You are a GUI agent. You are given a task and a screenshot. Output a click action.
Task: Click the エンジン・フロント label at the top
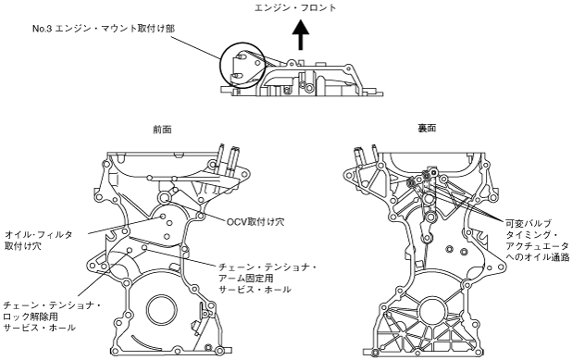[x=295, y=7]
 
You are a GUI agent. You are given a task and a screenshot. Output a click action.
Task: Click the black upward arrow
[x=301, y=35]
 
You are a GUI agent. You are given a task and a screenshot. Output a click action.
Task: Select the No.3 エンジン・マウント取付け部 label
[x=104, y=29]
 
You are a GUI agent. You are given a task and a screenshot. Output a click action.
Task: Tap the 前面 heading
[x=162, y=130]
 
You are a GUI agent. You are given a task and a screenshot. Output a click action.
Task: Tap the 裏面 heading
[x=427, y=129]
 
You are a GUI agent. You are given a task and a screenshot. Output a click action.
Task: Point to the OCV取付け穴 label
[x=255, y=221]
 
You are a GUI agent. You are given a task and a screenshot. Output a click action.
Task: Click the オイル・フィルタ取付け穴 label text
[x=38, y=241]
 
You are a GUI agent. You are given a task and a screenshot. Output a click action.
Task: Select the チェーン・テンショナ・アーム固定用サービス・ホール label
[x=267, y=279]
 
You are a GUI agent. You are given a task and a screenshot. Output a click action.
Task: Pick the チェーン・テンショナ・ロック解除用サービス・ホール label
[x=52, y=317]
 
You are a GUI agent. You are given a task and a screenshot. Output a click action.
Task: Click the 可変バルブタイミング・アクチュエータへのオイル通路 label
[x=538, y=240]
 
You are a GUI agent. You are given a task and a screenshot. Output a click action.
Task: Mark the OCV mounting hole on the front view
[x=164, y=198]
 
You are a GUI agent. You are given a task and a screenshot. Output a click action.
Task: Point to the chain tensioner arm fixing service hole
[x=144, y=248]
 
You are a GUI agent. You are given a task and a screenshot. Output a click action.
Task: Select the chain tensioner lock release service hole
[x=129, y=250]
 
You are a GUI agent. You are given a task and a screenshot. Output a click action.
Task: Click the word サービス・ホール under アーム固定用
[x=255, y=290]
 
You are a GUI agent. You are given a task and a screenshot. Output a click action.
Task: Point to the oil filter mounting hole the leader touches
[x=163, y=217]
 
